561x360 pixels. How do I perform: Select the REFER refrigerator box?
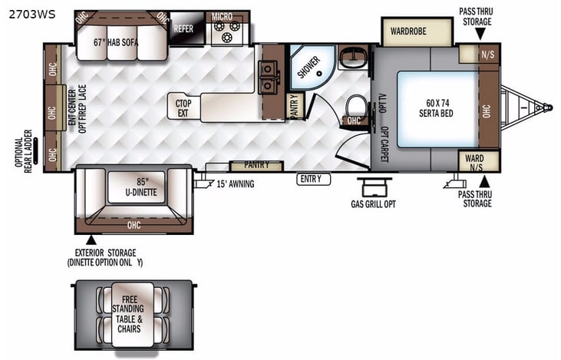183,28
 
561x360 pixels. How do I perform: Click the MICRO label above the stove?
222,16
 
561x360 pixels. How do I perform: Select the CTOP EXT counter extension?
183,107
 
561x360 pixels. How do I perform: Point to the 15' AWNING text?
235,183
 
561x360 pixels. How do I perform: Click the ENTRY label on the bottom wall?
315,179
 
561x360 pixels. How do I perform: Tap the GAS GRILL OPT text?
376,203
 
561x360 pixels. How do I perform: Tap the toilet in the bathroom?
354,106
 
